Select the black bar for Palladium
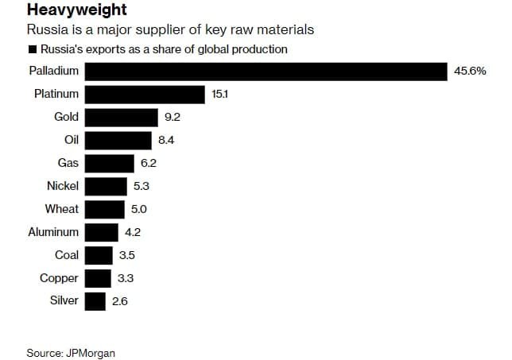(266, 71)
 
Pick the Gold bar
(121, 117)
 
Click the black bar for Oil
(118, 140)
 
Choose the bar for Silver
(95, 301)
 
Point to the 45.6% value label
(470, 71)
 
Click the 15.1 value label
(220, 94)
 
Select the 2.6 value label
(120, 301)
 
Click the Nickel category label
(63, 186)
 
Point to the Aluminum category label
(53, 232)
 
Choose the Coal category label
(67, 255)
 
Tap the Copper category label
(60, 278)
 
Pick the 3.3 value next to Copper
(126, 278)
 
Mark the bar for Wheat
(104, 209)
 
